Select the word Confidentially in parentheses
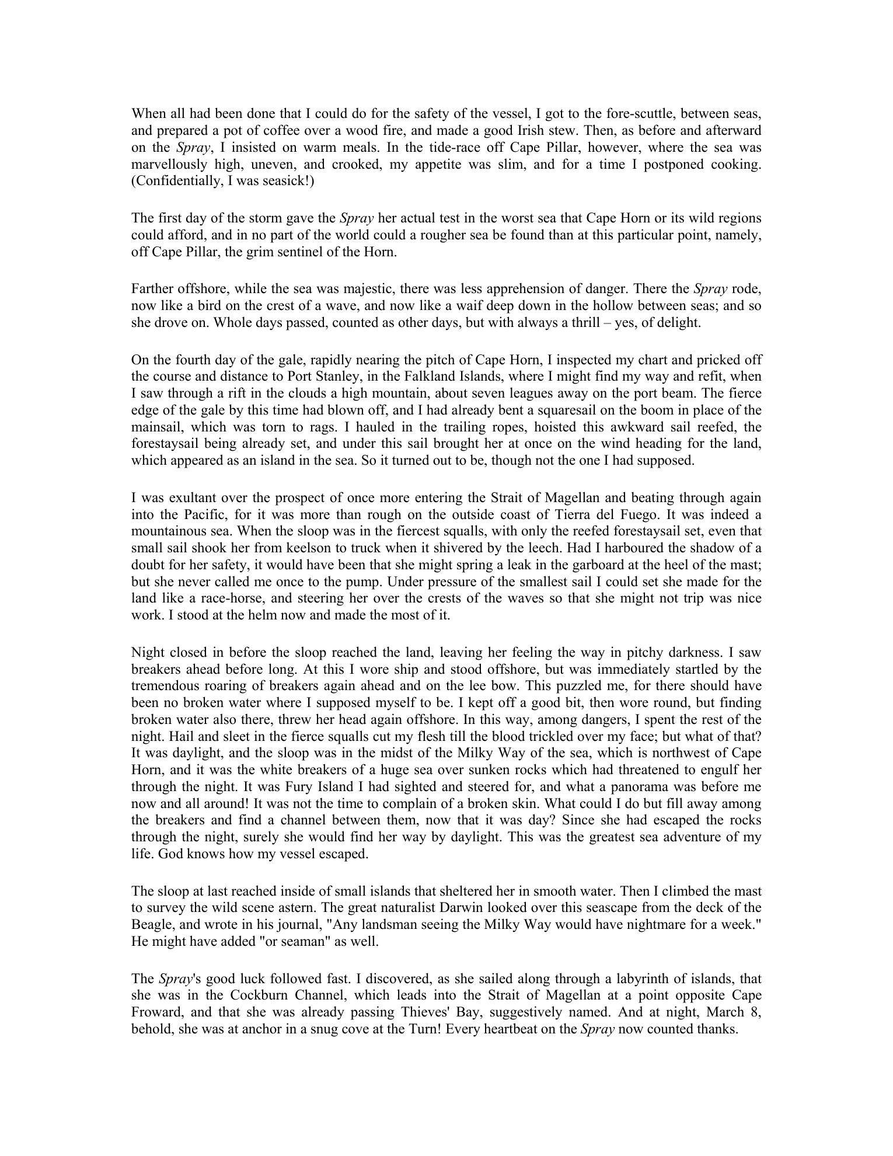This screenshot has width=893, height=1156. pyautogui.click(x=176, y=181)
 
